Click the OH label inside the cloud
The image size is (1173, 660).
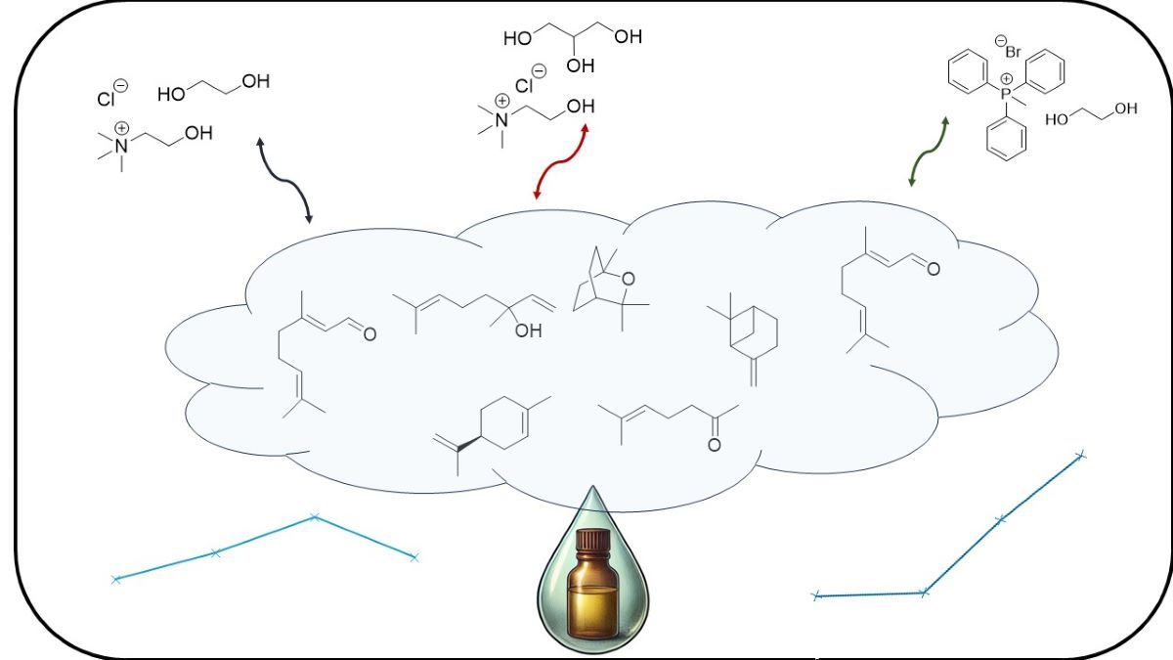pos(528,331)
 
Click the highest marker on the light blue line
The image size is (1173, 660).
pos(314,516)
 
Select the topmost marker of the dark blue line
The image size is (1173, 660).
pos(1080,455)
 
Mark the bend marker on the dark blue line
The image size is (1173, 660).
pos(924,592)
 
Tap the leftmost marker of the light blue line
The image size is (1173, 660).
pos(115,580)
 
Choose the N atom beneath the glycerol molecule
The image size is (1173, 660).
pos(501,120)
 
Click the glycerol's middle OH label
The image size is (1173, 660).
pos(581,66)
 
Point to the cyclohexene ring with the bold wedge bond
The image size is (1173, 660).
pos(505,421)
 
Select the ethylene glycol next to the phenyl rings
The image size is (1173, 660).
pos(1091,115)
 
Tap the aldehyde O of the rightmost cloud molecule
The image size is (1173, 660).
pos(934,268)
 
